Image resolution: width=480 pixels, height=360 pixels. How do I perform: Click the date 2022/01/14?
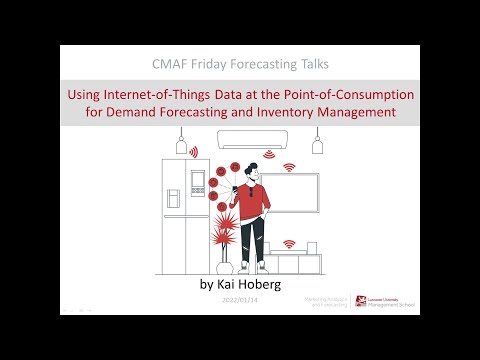pos(239,300)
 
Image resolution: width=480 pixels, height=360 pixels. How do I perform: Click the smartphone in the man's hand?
pos(235,185)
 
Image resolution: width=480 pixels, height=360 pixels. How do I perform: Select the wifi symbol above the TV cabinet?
pos(289,243)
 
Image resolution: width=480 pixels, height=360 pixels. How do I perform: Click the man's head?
pos(250,171)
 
